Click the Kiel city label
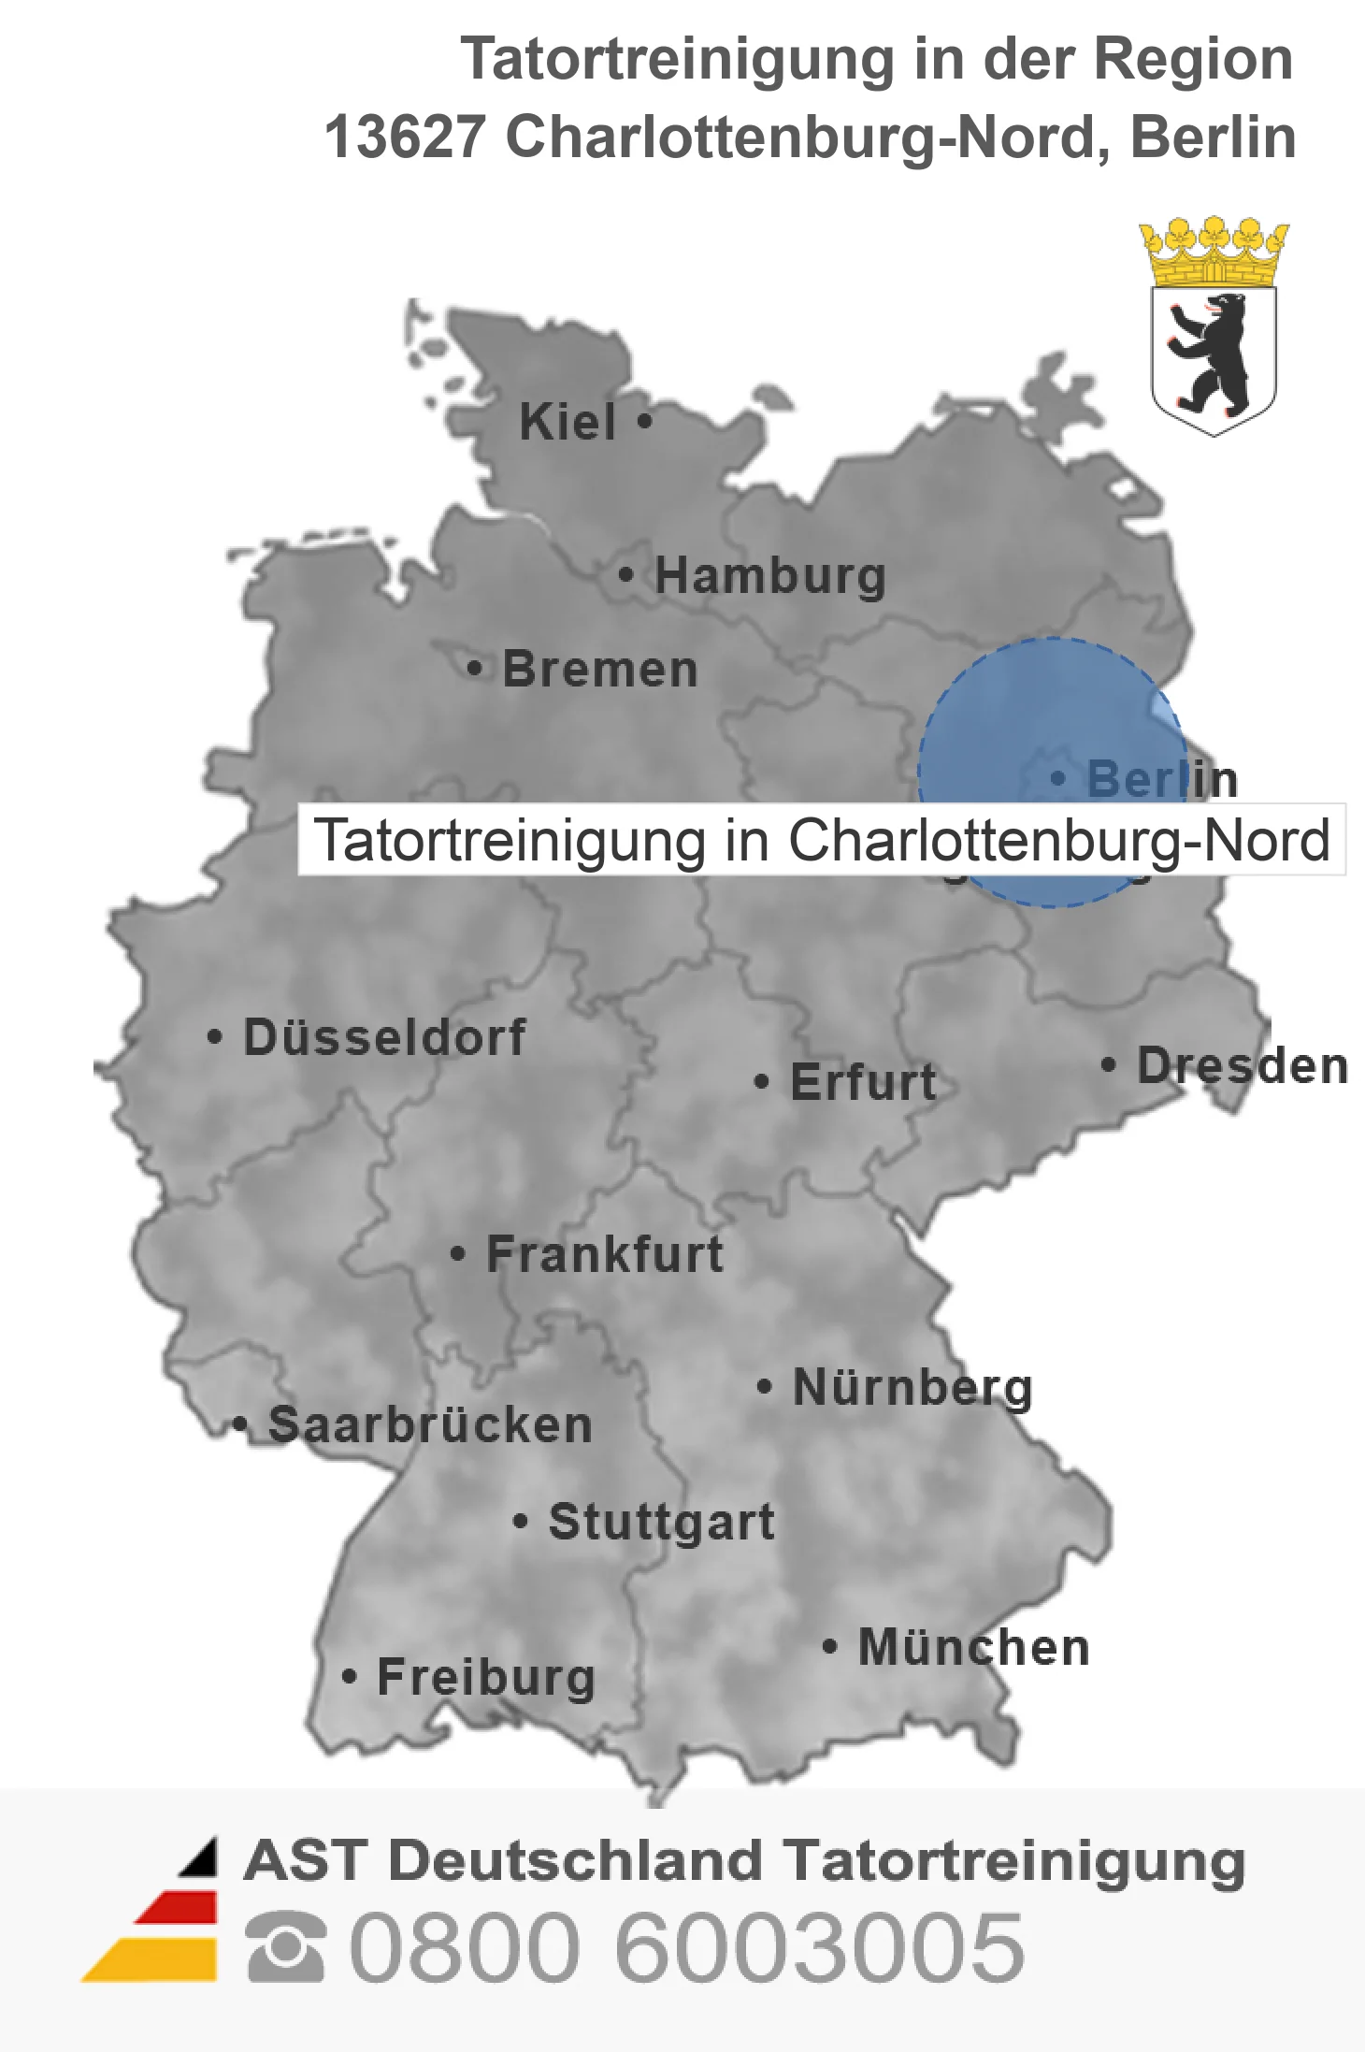568,422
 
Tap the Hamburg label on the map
770,575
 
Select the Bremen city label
600,670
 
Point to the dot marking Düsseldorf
215,1037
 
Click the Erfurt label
863,1082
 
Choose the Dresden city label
1243,1065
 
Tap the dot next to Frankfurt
457,1253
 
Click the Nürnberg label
912,1387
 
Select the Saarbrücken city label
430,1425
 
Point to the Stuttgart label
662,1522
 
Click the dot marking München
828,1646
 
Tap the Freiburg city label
486,1677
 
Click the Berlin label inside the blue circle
1162,779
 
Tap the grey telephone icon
286,1947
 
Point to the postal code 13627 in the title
405,137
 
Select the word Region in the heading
1193,59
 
